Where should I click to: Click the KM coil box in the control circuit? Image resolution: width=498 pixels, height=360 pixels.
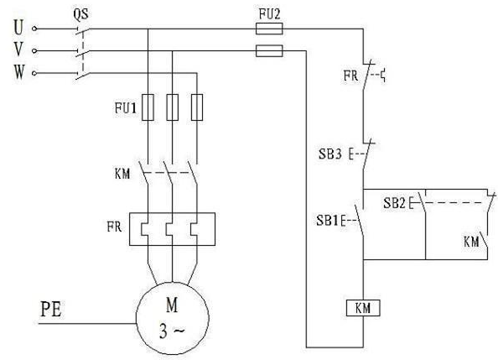point(363,308)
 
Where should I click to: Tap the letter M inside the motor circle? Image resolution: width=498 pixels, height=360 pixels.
point(172,305)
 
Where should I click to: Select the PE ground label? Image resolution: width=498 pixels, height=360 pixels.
point(51,309)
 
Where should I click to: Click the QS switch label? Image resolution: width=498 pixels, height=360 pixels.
point(81,14)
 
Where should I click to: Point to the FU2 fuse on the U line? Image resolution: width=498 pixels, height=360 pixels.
point(269,29)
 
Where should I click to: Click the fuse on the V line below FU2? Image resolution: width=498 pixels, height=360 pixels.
point(269,50)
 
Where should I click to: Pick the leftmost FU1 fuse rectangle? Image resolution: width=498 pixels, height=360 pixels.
point(148,107)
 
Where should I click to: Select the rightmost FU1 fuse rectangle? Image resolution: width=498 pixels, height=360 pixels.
point(197,107)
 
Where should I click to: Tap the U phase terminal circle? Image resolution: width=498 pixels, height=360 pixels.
point(34,29)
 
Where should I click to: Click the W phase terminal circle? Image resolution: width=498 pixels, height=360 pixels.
point(34,73)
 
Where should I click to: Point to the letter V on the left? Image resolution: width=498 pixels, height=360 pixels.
point(18,50)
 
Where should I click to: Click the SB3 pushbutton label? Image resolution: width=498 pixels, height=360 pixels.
point(330,154)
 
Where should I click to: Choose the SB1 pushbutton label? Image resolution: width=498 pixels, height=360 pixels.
point(327,220)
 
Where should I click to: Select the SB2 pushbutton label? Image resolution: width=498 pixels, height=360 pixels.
point(395,203)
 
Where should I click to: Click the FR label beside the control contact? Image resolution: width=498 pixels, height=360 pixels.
point(350,76)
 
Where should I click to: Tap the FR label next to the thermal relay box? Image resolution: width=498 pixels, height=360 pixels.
point(114,227)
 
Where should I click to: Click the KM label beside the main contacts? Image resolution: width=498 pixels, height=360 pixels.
point(122,174)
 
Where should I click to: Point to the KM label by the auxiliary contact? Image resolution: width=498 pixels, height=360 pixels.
point(471,242)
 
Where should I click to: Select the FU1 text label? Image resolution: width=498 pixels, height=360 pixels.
point(126,108)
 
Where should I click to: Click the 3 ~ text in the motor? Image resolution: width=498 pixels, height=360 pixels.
point(172,331)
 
